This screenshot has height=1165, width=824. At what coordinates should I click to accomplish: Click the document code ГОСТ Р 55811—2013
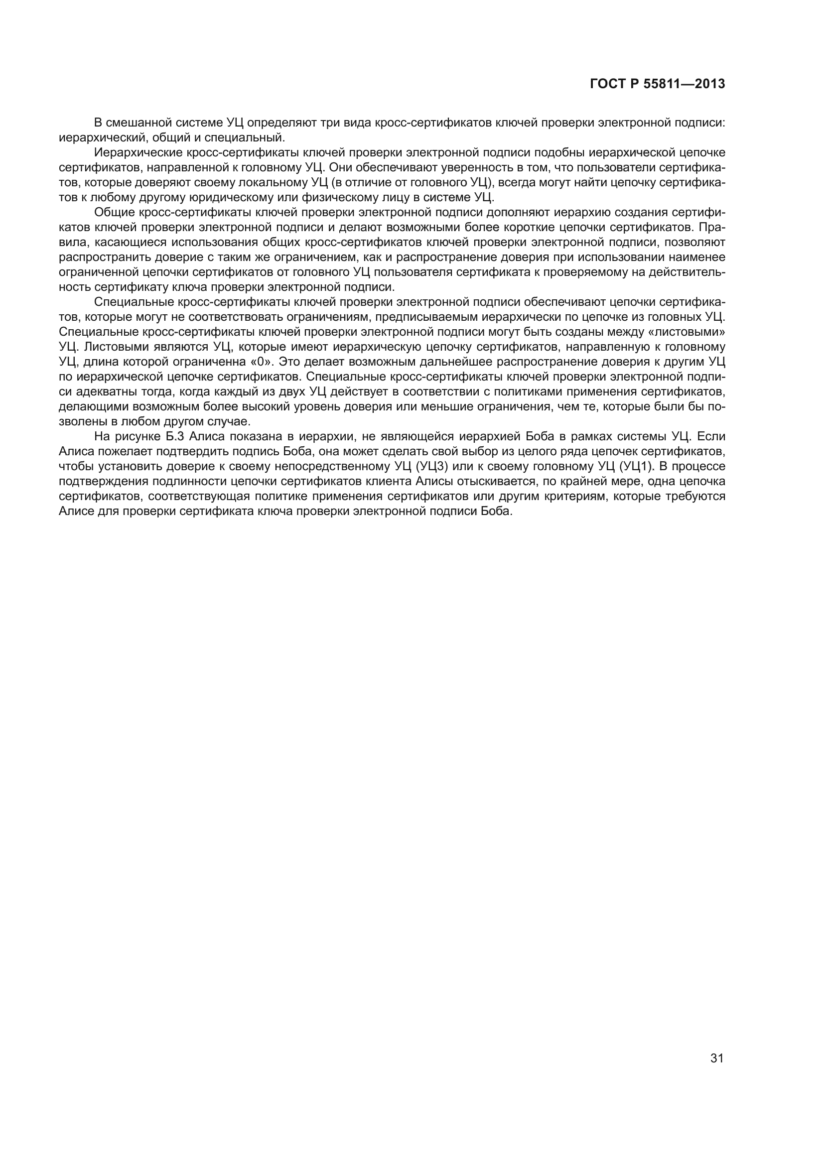[x=658, y=84]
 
